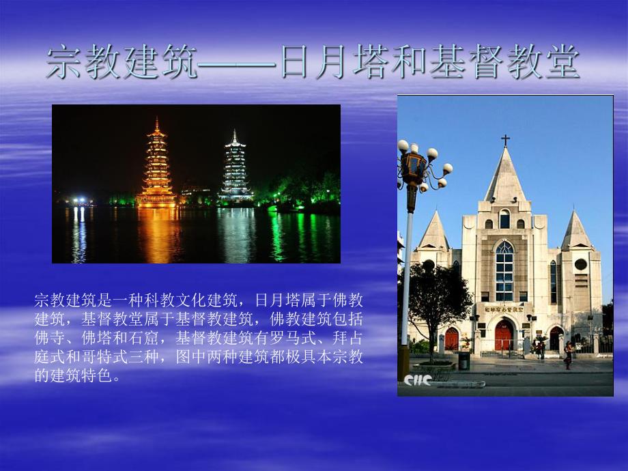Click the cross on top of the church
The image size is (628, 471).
click(x=505, y=140)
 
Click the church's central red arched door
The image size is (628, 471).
click(x=504, y=336)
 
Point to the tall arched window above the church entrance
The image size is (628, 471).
click(x=504, y=270)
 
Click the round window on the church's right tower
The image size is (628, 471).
click(x=580, y=264)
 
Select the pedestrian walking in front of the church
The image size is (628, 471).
click(x=567, y=355)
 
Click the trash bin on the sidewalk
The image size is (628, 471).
click(x=463, y=360)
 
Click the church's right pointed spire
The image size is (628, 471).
click(x=577, y=231)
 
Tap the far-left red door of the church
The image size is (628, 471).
click(x=451, y=339)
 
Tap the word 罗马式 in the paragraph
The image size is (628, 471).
click(x=294, y=337)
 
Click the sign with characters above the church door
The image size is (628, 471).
click(x=504, y=309)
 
